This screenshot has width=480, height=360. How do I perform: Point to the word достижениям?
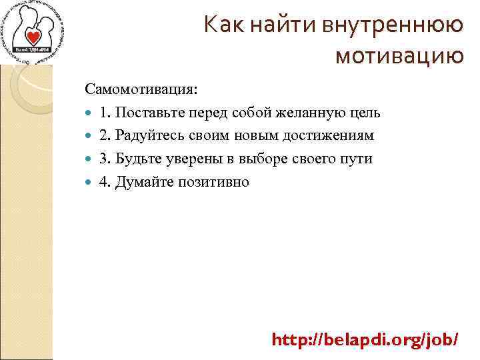pyautogui.click(x=332, y=135)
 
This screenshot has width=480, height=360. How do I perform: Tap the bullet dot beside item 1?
pyautogui.click(x=91, y=113)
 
